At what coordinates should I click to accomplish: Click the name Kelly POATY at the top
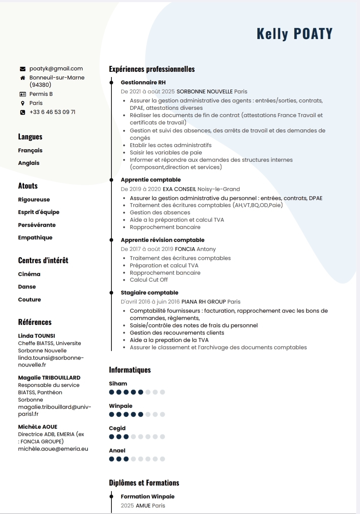(x=295, y=34)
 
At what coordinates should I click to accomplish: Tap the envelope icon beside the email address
(x=23, y=69)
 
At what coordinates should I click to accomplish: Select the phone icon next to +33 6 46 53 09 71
(x=23, y=112)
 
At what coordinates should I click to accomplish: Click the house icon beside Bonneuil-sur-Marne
(x=23, y=78)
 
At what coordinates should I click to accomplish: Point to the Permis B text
(x=41, y=94)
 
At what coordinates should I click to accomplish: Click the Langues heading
(x=30, y=137)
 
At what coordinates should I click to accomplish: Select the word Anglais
(x=29, y=163)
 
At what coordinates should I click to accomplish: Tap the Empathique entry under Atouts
(x=35, y=238)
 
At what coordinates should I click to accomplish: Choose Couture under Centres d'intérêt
(x=30, y=300)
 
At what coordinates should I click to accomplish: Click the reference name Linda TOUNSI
(x=37, y=336)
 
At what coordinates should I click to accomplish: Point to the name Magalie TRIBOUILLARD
(x=49, y=378)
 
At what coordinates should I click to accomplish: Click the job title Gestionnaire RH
(x=143, y=83)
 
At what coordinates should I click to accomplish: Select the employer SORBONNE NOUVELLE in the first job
(x=204, y=92)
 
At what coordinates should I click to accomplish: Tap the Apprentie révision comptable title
(x=163, y=240)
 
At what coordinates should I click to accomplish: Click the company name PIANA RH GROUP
(x=203, y=302)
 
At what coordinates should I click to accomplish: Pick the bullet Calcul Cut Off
(x=149, y=280)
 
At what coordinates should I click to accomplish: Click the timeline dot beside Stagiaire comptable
(x=111, y=293)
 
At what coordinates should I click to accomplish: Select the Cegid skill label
(x=117, y=428)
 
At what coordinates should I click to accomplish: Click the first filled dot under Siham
(x=112, y=392)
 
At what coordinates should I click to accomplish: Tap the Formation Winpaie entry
(x=148, y=497)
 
